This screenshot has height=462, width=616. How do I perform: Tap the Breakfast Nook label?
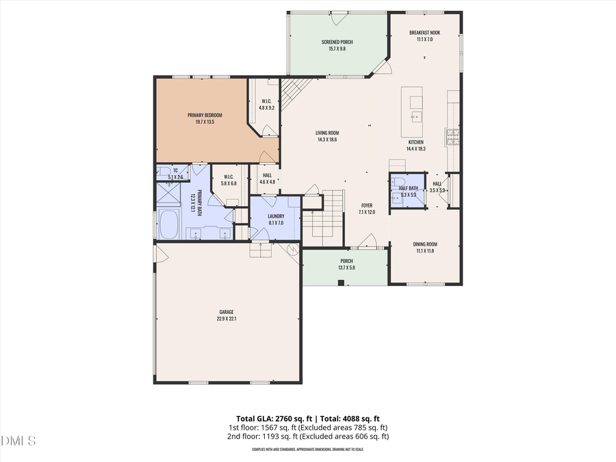tap(424, 33)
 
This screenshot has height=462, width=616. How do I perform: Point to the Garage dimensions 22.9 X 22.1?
tap(226, 318)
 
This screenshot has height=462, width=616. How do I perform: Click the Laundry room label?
tap(276, 216)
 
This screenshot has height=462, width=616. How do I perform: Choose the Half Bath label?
tap(408, 188)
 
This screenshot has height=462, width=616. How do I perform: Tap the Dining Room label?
tap(424, 244)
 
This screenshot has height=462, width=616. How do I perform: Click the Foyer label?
tap(367, 205)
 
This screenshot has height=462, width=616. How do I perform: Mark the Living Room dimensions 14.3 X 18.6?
tap(327, 140)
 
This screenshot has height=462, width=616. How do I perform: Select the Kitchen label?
tap(415, 142)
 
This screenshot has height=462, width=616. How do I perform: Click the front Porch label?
tap(346, 261)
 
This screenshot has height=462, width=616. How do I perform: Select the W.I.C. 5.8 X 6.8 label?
tap(229, 179)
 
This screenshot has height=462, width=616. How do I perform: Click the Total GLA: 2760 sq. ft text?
tap(270, 418)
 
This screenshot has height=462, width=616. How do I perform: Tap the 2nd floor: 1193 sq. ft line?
tap(308, 436)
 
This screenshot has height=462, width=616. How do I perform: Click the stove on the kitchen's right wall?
tap(453, 138)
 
